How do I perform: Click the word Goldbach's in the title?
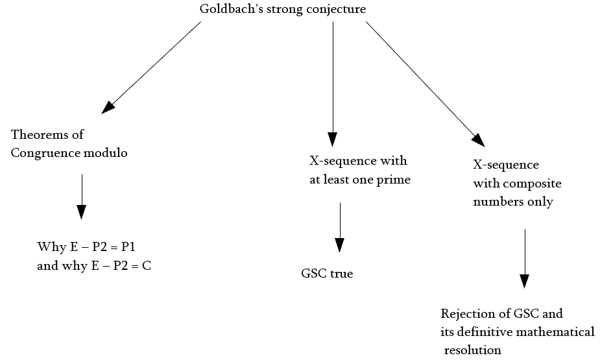pyautogui.click(x=226, y=10)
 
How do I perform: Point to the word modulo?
pyautogui.click(x=108, y=153)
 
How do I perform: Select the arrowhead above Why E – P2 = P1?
pyautogui.click(x=81, y=212)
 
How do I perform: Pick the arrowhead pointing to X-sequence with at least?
pyautogui.click(x=333, y=139)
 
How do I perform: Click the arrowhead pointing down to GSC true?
pyautogui.click(x=339, y=245)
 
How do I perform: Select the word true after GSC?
pyautogui.click(x=341, y=274)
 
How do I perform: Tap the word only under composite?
pyautogui.click(x=540, y=202)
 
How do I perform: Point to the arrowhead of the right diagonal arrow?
pyautogui.click(x=479, y=139)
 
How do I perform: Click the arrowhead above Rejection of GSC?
pyautogui.click(x=525, y=281)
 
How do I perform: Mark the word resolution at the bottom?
pyautogui.click(x=474, y=350)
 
